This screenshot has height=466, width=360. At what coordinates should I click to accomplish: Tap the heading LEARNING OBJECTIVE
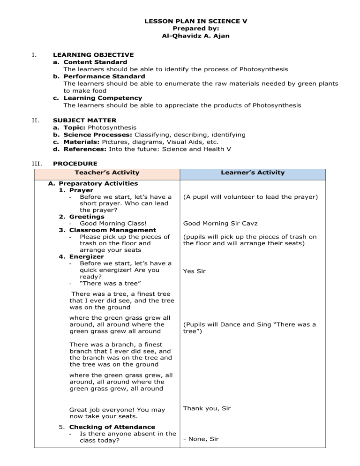[93, 55]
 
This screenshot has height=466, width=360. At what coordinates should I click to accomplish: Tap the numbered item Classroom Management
[112, 230]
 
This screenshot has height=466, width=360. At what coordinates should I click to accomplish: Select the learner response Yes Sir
[194, 271]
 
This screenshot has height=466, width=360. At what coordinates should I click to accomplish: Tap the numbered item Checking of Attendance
[112, 427]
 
